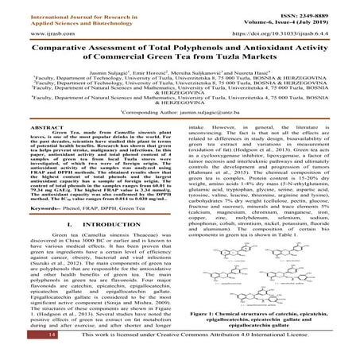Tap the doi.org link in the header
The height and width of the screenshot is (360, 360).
tap(287, 34)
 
